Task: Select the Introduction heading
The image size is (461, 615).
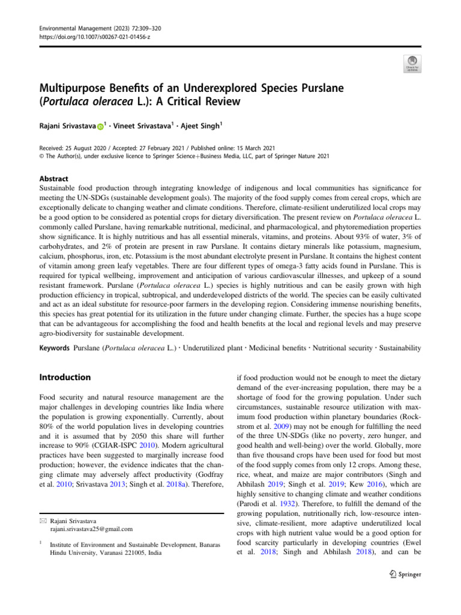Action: click(65, 377)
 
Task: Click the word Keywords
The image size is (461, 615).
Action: click(53, 348)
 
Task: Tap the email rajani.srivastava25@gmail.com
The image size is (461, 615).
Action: click(92, 529)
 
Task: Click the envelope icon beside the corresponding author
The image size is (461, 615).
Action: click(43, 520)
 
